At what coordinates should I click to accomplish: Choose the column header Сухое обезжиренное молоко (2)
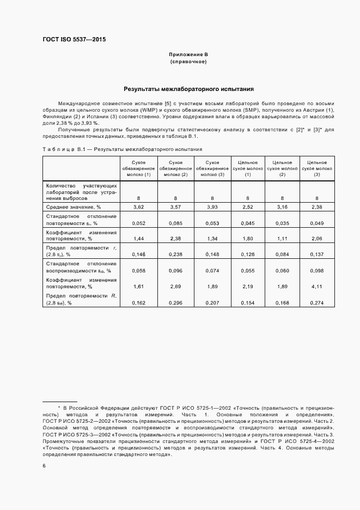coord(176,168)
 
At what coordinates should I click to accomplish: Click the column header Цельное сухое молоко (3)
coord(316,168)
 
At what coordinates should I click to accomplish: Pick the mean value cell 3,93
coord(212,208)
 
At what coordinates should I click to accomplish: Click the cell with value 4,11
coord(316,286)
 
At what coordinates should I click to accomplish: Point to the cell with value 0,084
coord(282,254)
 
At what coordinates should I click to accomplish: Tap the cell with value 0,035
coord(282,223)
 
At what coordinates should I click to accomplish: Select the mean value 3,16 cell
coord(282,208)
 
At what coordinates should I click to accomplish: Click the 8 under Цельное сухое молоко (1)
coord(248,198)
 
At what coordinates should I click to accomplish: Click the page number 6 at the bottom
coord(44,466)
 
